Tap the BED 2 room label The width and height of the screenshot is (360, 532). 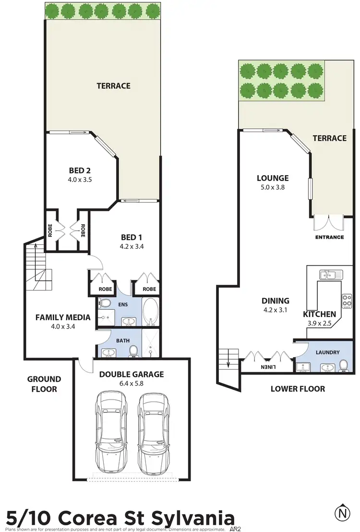click(x=80, y=170)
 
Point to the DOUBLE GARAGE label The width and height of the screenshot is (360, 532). click(x=132, y=374)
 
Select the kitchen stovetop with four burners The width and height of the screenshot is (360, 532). click(x=347, y=301)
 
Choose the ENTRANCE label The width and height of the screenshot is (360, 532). click(x=329, y=237)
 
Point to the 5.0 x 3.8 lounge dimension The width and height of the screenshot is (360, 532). click(x=272, y=188)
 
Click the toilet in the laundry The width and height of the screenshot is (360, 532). click(x=343, y=366)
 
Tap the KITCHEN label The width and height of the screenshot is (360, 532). click(x=319, y=314)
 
